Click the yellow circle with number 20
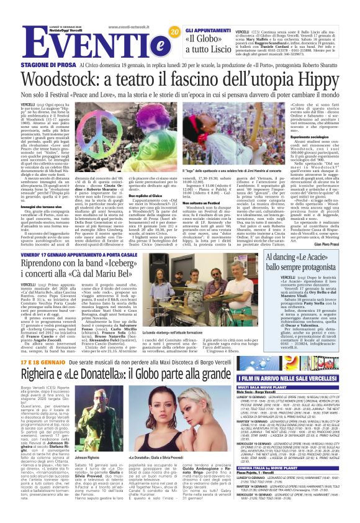point(174,32)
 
